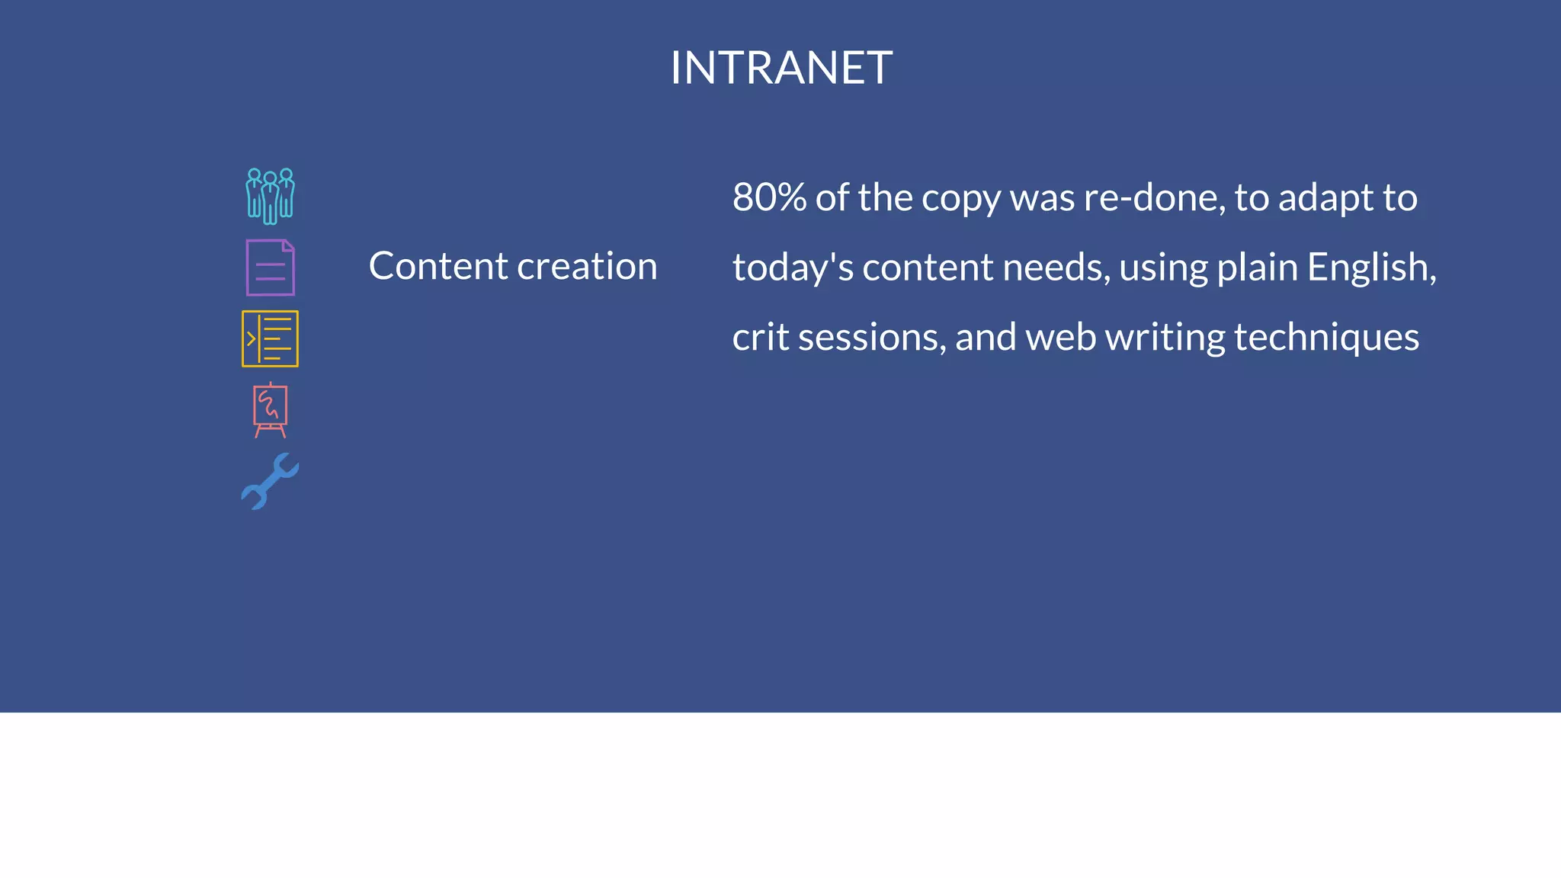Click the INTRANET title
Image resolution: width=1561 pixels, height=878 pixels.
pyautogui.click(x=780, y=68)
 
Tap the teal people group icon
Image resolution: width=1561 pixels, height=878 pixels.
pyautogui.click(x=270, y=196)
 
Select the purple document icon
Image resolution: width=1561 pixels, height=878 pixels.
pyautogui.click(x=270, y=268)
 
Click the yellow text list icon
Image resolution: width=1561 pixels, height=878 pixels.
pyautogui.click(x=270, y=338)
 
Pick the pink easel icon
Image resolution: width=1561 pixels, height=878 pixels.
pyautogui.click(x=270, y=410)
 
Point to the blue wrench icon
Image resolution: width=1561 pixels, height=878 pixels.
pyautogui.click(x=270, y=481)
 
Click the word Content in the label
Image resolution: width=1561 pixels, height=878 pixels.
pyautogui.click(x=438, y=266)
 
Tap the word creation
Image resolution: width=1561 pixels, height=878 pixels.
pyautogui.click(x=587, y=266)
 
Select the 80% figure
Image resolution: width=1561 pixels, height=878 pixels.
pyautogui.click(x=768, y=197)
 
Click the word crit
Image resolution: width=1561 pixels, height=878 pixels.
pyautogui.click(x=760, y=337)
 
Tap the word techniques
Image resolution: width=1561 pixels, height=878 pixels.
pyautogui.click(x=1326, y=338)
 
